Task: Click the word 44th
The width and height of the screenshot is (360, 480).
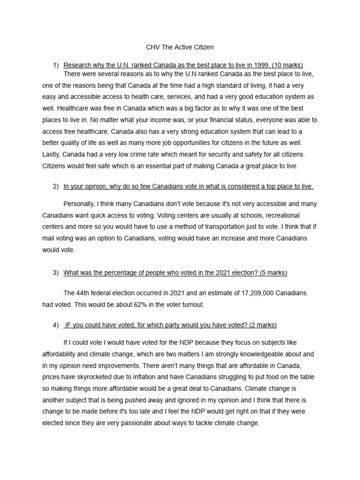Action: (85, 293)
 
